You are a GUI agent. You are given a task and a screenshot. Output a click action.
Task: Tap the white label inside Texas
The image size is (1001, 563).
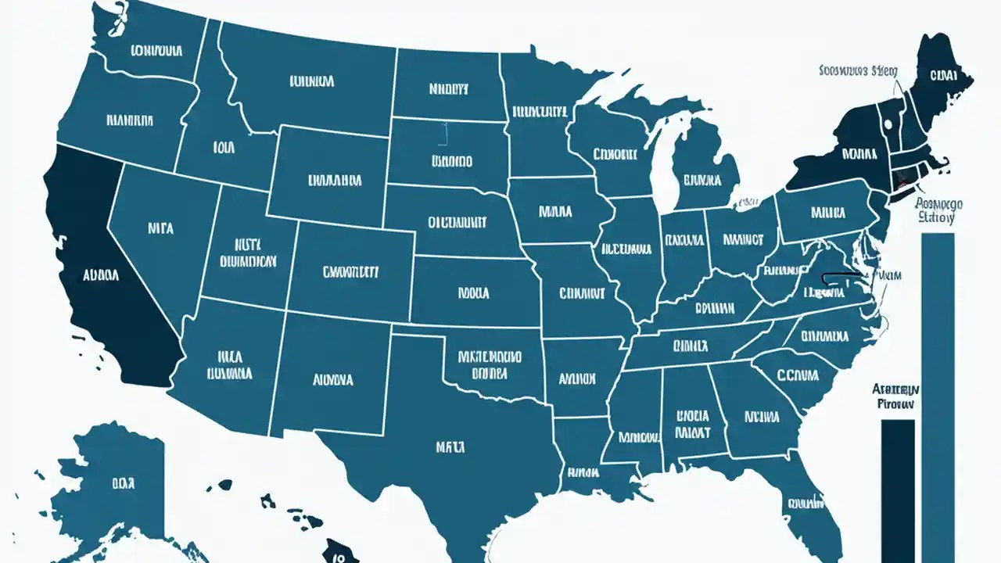[450, 447]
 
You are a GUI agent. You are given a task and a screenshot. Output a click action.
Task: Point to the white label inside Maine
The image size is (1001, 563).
[942, 76]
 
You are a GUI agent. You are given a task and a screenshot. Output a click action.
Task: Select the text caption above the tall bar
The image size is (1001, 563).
[938, 210]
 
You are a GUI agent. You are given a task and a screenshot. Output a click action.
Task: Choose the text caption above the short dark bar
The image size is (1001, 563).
[896, 396]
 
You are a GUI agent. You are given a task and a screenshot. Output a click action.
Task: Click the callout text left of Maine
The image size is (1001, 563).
[858, 70]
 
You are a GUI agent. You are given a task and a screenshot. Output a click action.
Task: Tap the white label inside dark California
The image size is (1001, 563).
[100, 275]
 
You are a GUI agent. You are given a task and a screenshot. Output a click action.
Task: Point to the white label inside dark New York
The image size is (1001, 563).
[856, 150]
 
